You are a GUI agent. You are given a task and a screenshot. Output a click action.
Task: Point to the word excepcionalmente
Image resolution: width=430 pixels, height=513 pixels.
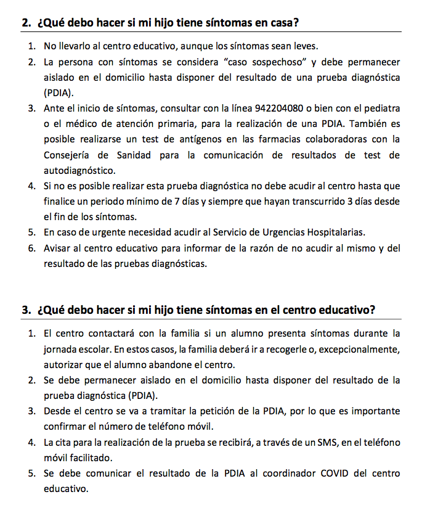pos(359,350)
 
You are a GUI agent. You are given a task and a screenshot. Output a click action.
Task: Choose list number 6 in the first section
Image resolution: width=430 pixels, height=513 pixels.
pos(31,248)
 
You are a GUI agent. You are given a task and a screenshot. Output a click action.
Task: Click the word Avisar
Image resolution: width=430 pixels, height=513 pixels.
pos(57,248)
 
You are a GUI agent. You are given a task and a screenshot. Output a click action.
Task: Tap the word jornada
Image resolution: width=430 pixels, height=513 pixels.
pos(60,350)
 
